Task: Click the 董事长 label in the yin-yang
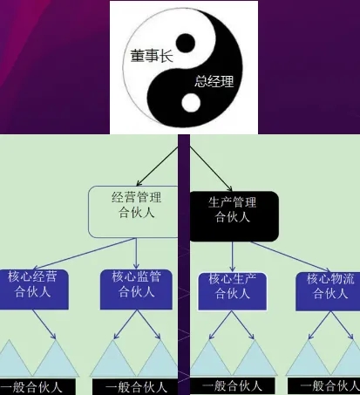(x=152, y=56)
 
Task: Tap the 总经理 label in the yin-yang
(x=214, y=81)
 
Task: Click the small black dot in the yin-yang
(x=186, y=44)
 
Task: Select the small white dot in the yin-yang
(x=191, y=103)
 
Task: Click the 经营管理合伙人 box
(x=133, y=212)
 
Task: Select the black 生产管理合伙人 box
(x=234, y=216)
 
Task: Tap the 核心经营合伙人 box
(x=34, y=289)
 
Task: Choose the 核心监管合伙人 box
(x=136, y=289)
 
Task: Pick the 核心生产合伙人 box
(x=232, y=291)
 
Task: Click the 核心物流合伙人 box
(x=328, y=291)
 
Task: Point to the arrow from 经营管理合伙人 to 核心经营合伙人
(x=84, y=254)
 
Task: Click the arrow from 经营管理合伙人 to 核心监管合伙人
(x=136, y=254)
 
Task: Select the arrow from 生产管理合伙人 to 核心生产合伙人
(x=232, y=256)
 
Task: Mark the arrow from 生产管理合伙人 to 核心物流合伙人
(x=290, y=257)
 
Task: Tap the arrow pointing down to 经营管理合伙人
(x=157, y=167)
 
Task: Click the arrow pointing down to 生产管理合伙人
(x=211, y=168)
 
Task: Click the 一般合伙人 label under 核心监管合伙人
(x=135, y=387)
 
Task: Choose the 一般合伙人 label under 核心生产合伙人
(x=233, y=386)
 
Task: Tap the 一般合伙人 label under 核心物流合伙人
(x=324, y=386)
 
